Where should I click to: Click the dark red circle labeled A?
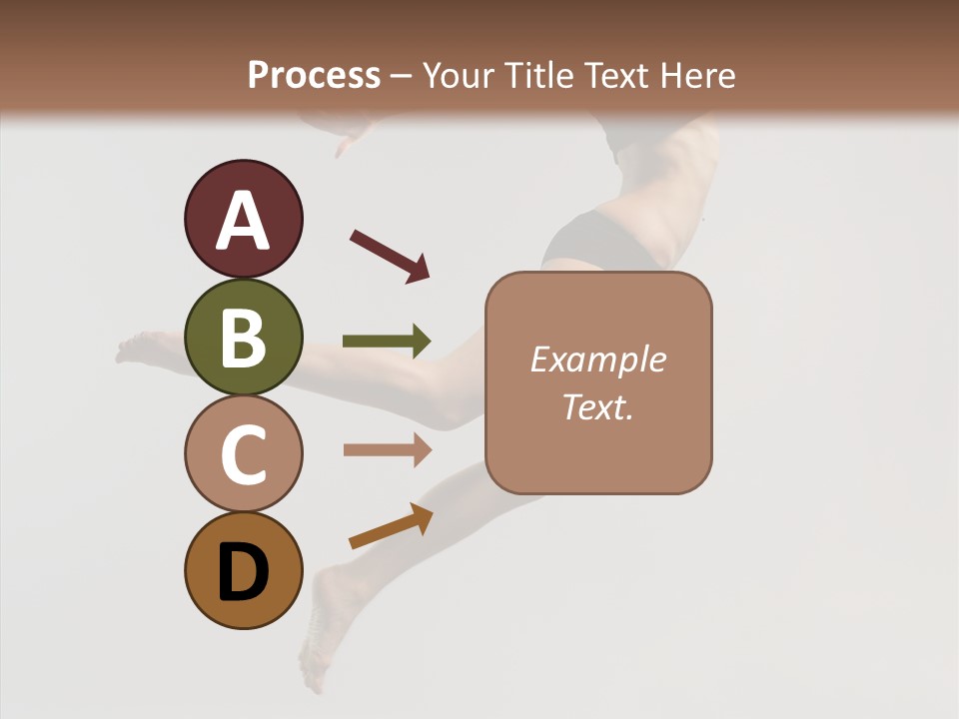pos(243,219)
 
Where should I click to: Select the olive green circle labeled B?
pos(243,337)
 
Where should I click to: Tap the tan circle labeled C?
pos(243,453)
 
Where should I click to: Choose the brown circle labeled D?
pos(243,570)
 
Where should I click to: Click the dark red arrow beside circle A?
pos(390,255)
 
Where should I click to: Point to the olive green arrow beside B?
pos(387,342)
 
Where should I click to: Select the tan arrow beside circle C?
pos(387,449)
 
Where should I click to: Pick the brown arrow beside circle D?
pos(391,526)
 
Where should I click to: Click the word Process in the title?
pos(314,76)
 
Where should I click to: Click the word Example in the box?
pos(597,359)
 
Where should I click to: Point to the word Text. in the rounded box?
pos(597,406)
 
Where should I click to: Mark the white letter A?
pos(243,221)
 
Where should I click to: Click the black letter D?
pos(243,573)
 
